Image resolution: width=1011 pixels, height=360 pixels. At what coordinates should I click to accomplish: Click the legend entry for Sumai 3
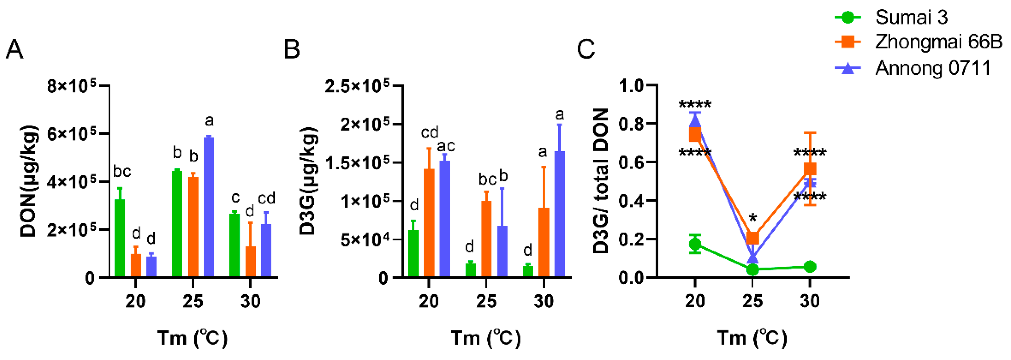pos(910,17)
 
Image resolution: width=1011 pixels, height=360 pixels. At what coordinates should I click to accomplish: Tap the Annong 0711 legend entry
pos(932,68)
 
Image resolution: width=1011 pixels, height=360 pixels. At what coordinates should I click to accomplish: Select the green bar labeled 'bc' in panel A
pos(120,237)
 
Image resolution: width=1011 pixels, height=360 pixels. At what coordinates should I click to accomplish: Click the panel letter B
pos(292,50)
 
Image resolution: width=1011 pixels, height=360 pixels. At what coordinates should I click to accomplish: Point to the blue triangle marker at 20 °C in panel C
pos(695,121)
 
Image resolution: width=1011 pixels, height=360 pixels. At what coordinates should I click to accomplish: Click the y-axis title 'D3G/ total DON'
pos(601,180)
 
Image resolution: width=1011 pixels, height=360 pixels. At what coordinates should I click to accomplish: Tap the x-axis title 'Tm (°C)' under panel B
pos(486,338)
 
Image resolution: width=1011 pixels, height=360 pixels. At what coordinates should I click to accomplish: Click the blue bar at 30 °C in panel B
pos(559,214)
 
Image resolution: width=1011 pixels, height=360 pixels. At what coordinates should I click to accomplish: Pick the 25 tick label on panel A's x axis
pos(193,302)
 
